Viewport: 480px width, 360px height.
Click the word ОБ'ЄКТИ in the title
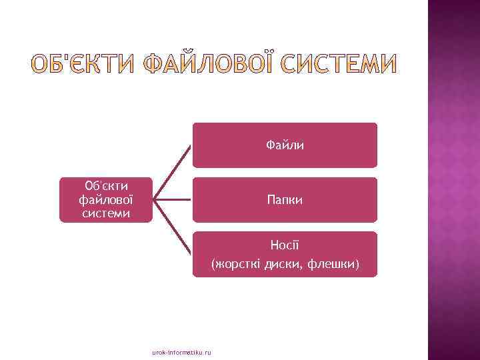tap(81, 64)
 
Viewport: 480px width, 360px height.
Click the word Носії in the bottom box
tap(285, 245)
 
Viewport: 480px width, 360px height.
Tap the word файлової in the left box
tap(106, 199)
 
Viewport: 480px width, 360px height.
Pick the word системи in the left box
tap(106, 213)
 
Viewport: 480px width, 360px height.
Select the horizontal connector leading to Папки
tap(173, 199)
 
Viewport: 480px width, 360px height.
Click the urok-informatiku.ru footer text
tap(181, 351)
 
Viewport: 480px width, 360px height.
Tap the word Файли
tap(285, 145)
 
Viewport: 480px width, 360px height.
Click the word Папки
tap(285, 199)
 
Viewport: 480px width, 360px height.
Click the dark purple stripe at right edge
tap(453, 180)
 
